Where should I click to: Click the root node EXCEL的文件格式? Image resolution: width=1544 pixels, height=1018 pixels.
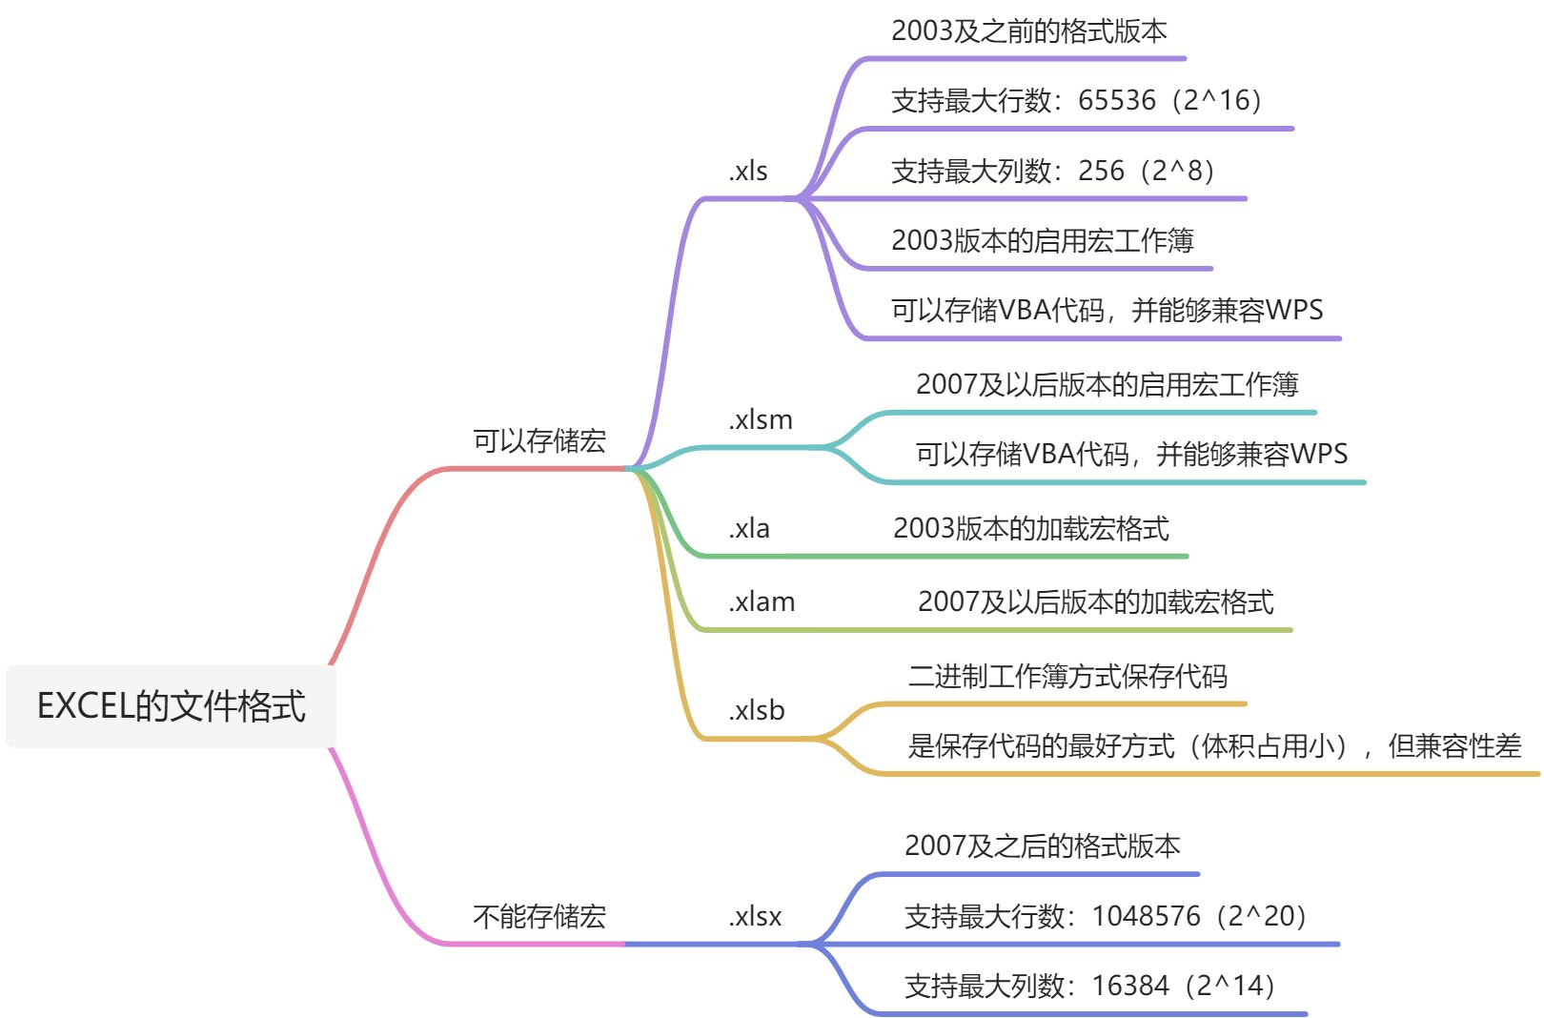click(172, 706)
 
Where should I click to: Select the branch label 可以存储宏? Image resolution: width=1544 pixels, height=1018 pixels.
click(539, 441)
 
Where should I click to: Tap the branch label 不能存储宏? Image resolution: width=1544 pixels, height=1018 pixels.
click(539, 917)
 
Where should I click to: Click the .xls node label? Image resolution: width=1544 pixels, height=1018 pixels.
click(748, 172)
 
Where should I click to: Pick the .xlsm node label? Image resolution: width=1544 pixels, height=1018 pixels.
click(761, 420)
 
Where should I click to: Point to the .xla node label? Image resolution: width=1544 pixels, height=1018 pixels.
click(749, 529)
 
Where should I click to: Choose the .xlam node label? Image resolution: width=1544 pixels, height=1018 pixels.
click(762, 602)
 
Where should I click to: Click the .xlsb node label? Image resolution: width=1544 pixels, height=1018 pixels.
click(757, 711)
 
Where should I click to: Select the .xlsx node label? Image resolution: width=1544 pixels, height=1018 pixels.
click(755, 917)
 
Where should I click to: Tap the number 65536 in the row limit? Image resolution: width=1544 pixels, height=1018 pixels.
click(1117, 100)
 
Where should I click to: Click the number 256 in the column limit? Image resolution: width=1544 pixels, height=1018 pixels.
click(1102, 171)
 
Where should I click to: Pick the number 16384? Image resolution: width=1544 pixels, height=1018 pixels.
click(1130, 986)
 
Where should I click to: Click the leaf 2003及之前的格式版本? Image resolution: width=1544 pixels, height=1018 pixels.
click(1029, 31)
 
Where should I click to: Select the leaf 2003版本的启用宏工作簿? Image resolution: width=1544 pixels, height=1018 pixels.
click(1043, 240)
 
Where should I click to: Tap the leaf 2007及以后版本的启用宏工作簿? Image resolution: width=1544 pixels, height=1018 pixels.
click(1107, 385)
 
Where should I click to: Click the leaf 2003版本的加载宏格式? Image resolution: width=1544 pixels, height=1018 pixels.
click(1031, 529)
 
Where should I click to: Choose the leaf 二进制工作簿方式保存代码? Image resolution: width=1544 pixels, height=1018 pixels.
click(1067, 677)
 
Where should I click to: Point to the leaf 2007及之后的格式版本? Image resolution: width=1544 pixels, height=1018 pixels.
click(1043, 846)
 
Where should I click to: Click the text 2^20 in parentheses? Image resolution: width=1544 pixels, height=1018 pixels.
click(1266, 916)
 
